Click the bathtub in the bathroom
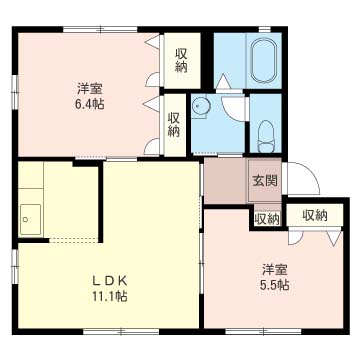(263, 61)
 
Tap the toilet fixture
(266, 136)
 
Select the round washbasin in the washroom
(201, 106)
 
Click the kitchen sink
(30, 219)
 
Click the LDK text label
(110, 281)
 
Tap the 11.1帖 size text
(110, 296)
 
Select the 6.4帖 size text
(89, 104)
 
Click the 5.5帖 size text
(274, 284)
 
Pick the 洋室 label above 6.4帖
(89, 89)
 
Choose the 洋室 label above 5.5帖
(274, 270)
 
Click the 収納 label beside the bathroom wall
(182, 61)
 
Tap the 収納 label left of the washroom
(174, 125)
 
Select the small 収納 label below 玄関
(267, 219)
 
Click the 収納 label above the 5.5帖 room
(315, 216)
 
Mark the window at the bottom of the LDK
(121, 332)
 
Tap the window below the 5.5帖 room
(263, 332)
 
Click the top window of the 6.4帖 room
(100, 29)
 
